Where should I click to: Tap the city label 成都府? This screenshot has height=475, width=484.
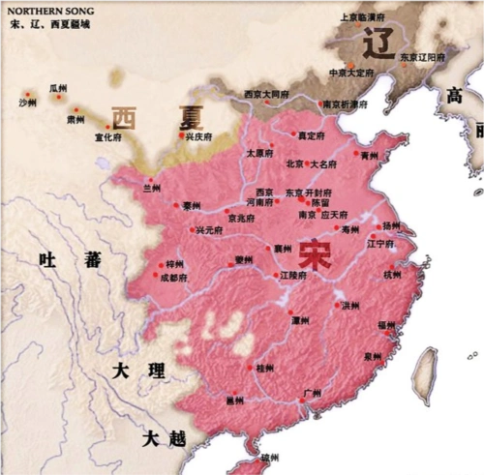175,278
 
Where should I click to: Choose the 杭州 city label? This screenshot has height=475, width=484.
392,275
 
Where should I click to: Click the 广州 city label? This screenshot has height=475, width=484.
312,393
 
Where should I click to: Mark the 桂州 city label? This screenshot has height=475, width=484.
264,369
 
